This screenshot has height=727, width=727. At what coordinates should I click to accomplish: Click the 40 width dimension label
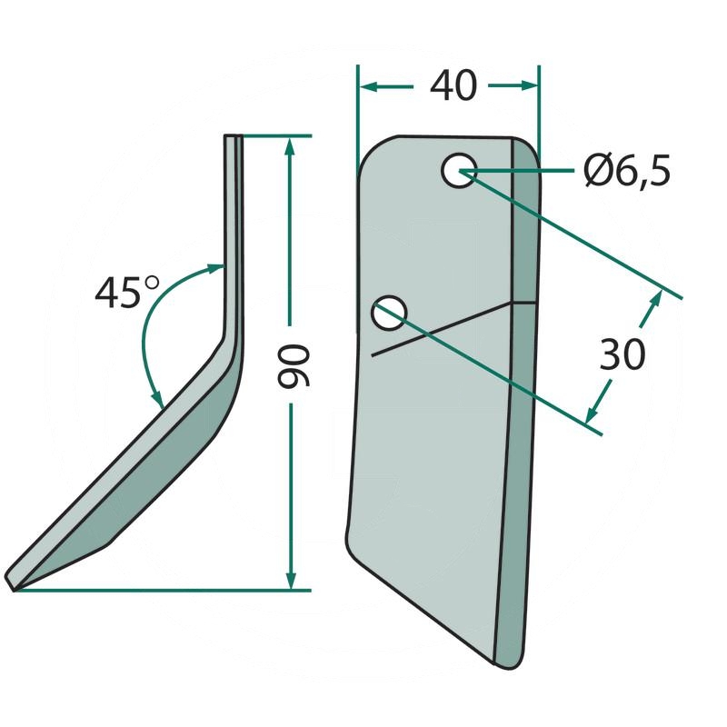click(x=453, y=86)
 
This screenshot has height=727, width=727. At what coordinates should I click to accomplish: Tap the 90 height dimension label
click(x=294, y=365)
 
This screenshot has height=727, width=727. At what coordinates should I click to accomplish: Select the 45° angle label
click(x=127, y=292)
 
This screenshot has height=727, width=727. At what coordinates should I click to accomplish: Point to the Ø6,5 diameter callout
click(x=627, y=171)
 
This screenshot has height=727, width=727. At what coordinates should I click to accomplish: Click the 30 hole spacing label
click(x=622, y=354)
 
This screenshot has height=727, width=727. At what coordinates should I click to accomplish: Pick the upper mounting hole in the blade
click(x=459, y=170)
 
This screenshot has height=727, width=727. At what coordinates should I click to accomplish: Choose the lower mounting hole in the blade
click(x=389, y=313)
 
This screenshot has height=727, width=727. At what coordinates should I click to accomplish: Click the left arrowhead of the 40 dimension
click(x=369, y=86)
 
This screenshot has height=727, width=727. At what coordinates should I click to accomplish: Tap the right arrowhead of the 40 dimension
click(x=530, y=85)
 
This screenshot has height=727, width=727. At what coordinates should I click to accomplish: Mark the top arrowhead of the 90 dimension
click(x=290, y=146)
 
